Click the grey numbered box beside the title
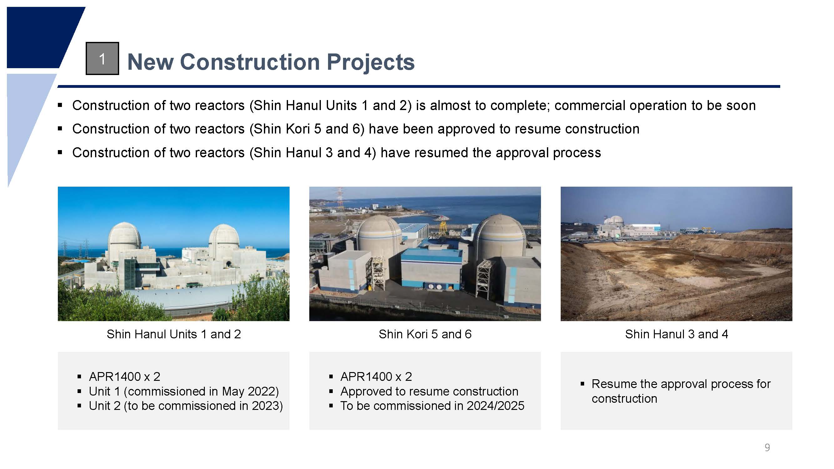(102, 58)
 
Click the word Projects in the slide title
(370, 62)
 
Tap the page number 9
(767, 447)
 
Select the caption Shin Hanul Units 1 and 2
(174, 334)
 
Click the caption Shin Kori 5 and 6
(425, 334)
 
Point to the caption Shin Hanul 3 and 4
(677, 334)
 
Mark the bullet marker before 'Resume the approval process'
(583, 384)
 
